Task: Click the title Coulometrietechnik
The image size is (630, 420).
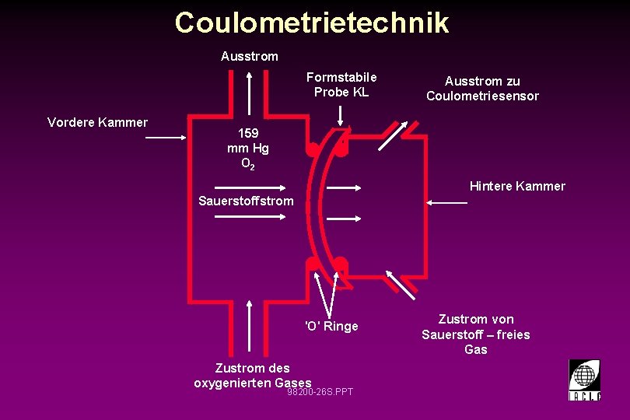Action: pos(312,23)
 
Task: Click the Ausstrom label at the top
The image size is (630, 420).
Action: pos(249,57)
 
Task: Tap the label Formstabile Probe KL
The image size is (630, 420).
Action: pos(341,85)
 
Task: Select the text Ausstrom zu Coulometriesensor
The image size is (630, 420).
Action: pos(482,89)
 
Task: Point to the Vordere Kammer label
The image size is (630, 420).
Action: pos(97,122)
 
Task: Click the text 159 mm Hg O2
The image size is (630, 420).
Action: pos(248,149)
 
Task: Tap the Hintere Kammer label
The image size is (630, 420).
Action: pos(517,187)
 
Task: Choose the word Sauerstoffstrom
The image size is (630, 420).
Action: pos(246,201)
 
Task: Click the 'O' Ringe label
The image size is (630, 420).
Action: pos(331,326)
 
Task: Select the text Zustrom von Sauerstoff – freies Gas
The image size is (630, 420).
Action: pos(475,334)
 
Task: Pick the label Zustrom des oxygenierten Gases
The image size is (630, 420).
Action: pos(252,376)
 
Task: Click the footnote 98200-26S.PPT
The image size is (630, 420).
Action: pos(320,391)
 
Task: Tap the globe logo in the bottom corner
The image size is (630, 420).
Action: pos(584,380)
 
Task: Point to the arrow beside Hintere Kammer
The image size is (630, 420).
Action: pos(447,202)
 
